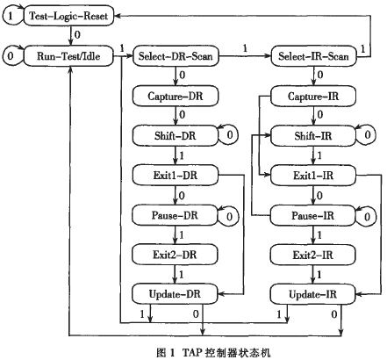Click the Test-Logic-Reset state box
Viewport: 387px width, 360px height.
coord(68,16)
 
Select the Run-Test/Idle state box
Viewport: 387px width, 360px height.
coord(68,56)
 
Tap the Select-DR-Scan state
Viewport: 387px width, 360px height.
coord(176,56)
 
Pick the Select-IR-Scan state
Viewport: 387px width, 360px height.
coord(313,56)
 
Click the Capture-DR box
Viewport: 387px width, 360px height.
coord(176,96)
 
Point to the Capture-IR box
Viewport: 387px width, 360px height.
coord(313,96)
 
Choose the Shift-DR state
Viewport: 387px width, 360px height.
coord(176,136)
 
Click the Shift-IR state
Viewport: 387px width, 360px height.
coord(313,136)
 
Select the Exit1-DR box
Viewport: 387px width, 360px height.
coord(176,176)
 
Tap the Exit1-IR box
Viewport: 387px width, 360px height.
coord(313,176)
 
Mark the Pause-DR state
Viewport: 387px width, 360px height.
coord(175,215)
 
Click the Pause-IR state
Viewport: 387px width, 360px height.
coord(312,215)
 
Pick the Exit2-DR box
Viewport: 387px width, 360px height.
coord(175,255)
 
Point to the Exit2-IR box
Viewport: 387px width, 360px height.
coord(312,255)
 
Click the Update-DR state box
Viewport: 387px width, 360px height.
coord(175,294)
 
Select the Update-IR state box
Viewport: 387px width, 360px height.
coord(312,294)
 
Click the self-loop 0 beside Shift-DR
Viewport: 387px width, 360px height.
coord(238,135)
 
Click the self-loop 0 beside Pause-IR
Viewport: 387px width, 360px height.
coord(375,217)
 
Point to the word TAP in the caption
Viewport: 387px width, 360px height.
coord(192,352)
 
